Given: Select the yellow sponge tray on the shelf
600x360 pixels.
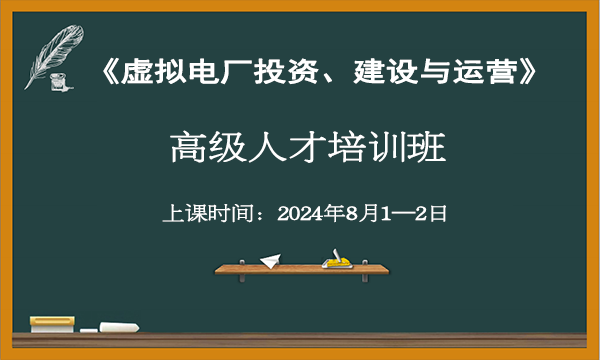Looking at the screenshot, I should (x=336, y=262).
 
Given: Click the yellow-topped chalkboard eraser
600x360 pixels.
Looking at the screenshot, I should (x=53, y=323).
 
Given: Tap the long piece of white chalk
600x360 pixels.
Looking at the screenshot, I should (x=119, y=326).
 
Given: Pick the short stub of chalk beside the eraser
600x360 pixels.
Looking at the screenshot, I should (x=87, y=329).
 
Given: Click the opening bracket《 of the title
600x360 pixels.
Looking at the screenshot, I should (x=111, y=73).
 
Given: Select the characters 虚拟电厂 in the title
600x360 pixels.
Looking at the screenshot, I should (x=180, y=73).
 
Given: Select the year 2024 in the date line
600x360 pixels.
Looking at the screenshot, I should (x=299, y=212).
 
